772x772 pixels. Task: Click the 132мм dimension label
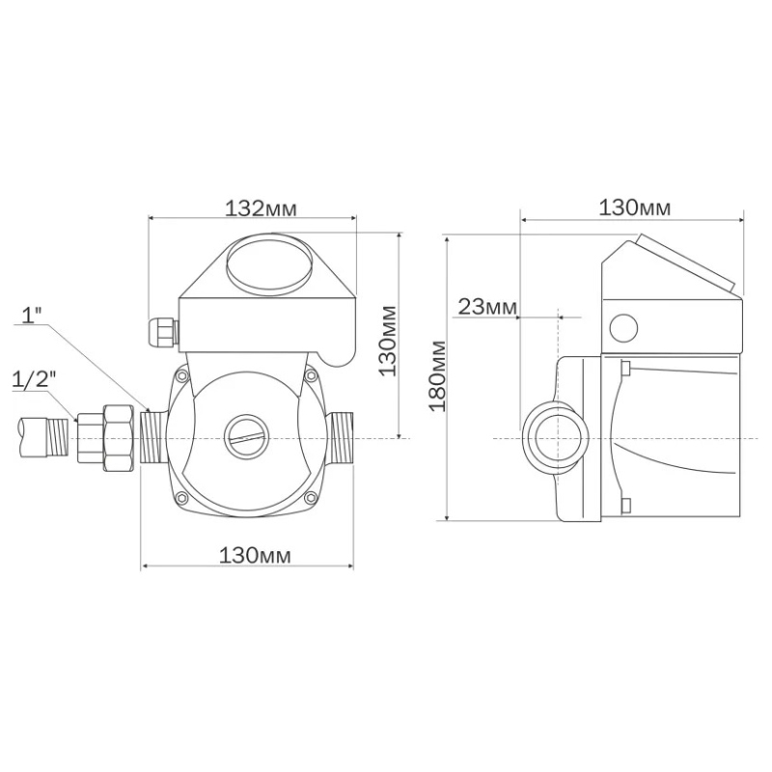[x=261, y=208]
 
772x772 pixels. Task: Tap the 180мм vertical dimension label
[x=437, y=375]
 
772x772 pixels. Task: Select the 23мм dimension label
[x=488, y=307]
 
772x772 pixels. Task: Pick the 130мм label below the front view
[x=255, y=556]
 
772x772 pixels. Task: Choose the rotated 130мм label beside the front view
[x=389, y=342]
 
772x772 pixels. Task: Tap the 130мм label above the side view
[x=634, y=207]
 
